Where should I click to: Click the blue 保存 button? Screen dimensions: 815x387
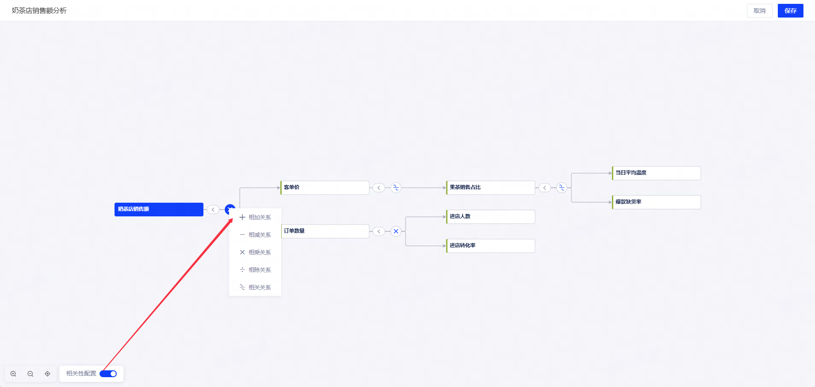(790, 11)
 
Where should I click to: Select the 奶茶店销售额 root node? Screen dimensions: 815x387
(159, 210)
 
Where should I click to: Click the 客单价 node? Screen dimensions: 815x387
(325, 188)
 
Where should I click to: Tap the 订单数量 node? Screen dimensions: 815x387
(325, 231)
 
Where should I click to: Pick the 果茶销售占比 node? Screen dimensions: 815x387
(491, 188)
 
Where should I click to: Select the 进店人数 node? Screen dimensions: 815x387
(491, 217)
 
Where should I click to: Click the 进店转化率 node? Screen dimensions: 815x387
(491, 246)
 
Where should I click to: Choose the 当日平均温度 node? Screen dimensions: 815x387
(656, 173)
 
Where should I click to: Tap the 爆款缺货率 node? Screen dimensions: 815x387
(656, 202)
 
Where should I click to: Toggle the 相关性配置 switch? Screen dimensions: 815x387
(108, 374)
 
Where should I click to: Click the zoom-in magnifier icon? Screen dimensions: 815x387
(13, 374)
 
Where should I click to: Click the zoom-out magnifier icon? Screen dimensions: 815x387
(30, 374)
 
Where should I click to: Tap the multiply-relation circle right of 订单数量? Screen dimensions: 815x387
(396, 231)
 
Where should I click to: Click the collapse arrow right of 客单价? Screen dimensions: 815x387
(379, 188)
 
